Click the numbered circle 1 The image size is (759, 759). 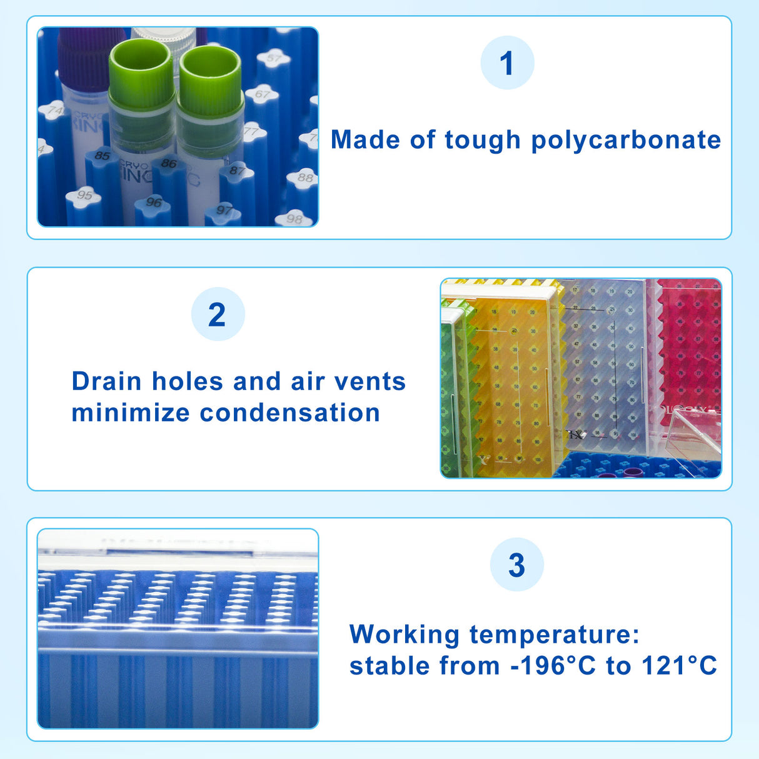point(507,63)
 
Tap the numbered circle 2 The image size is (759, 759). point(218,314)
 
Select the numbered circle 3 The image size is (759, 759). point(516,565)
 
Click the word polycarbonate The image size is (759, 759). point(626,141)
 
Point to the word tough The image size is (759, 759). point(482,141)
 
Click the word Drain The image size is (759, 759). point(106,381)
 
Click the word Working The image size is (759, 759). point(405,635)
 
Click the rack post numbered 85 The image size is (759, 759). point(102,156)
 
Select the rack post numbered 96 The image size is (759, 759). point(154,203)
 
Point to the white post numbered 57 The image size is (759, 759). point(274,59)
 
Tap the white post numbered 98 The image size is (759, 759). point(294,219)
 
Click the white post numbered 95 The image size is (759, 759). point(84,196)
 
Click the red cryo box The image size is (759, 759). point(688,350)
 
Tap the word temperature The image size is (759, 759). point(555,635)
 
